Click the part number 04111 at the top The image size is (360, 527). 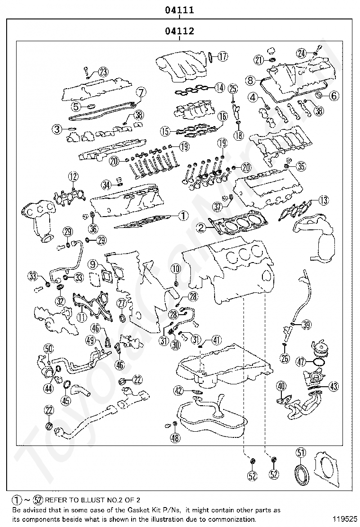[x=180, y=10]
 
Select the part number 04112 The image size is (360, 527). [x=180, y=31]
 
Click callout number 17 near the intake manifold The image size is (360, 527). [x=222, y=56]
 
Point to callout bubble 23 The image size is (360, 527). [x=103, y=72]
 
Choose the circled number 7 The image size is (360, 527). [x=141, y=92]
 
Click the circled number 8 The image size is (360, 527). [x=250, y=80]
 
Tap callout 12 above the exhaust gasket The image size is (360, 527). [x=73, y=176]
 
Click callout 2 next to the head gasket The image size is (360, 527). [x=201, y=228]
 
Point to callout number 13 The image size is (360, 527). [x=324, y=200]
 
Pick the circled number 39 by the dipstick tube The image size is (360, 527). [x=306, y=324]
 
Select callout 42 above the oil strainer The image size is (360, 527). [x=179, y=391]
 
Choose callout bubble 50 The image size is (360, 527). [x=49, y=348]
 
